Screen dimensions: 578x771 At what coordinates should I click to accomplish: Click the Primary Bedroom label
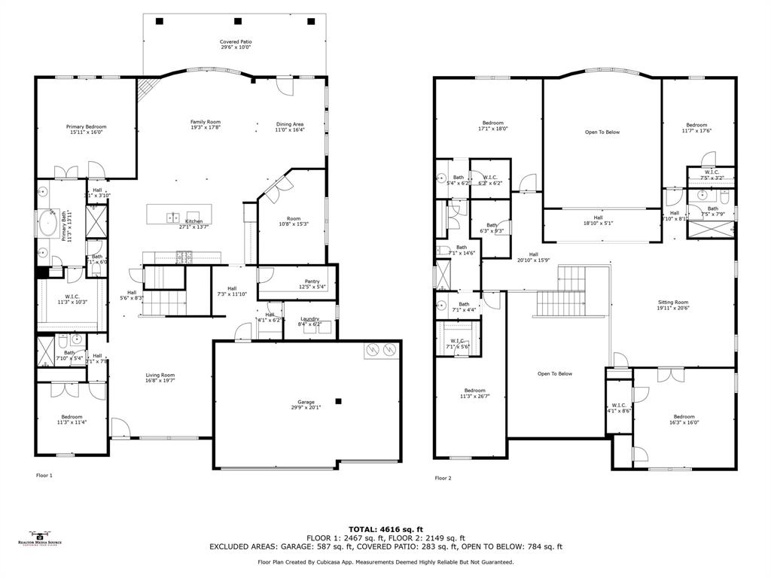[x=87, y=126]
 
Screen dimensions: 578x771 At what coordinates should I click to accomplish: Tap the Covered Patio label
[x=236, y=42]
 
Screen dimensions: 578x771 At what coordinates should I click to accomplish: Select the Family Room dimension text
[x=205, y=128]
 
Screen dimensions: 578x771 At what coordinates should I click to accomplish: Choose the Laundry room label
[x=310, y=319]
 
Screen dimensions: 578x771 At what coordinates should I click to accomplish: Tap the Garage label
[x=306, y=402]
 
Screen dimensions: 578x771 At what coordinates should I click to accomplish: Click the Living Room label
[x=160, y=375]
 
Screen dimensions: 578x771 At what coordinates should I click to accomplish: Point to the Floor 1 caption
[x=45, y=475]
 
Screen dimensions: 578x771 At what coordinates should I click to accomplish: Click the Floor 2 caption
[x=443, y=478]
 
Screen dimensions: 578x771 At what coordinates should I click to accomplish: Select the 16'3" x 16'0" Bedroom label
[x=684, y=417]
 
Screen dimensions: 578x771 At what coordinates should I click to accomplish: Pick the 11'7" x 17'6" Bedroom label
[x=696, y=125]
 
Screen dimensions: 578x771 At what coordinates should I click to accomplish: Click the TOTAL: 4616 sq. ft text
[x=385, y=529]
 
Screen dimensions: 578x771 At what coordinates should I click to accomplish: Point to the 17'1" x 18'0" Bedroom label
[x=493, y=123]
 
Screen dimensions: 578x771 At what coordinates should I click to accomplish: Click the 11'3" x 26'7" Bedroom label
[x=474, y=391]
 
